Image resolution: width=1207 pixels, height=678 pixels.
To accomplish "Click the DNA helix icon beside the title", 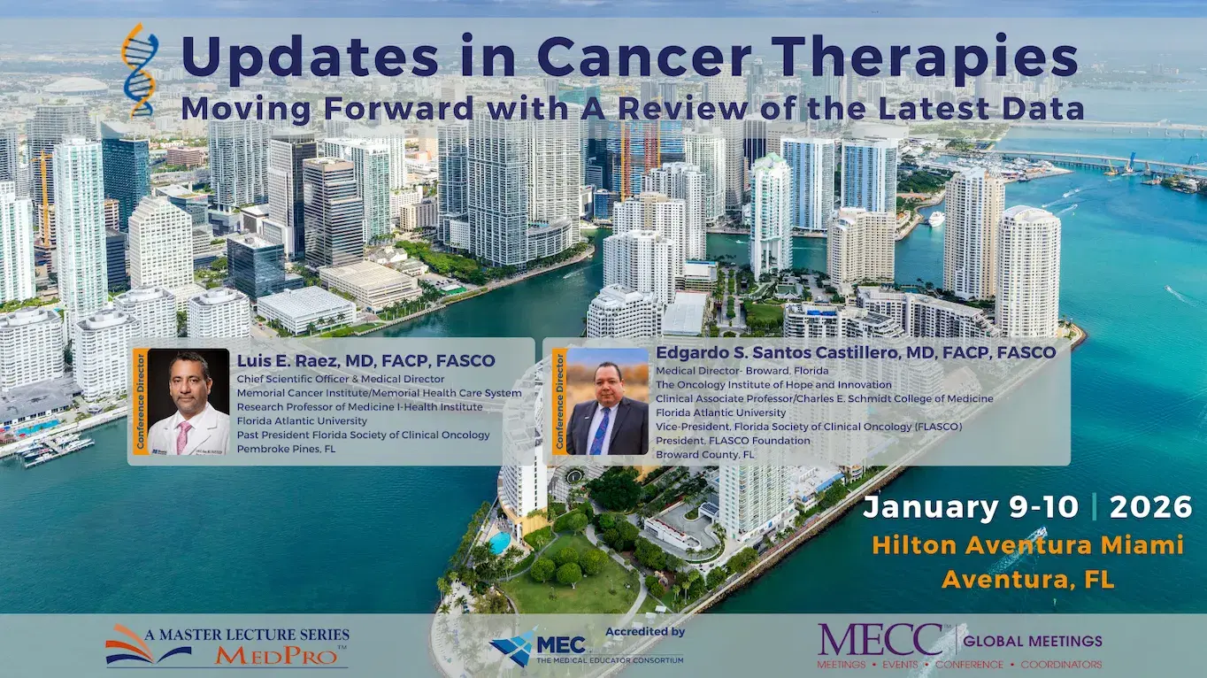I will click(139, 71).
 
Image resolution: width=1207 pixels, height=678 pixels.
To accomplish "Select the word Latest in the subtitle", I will click(938, 109).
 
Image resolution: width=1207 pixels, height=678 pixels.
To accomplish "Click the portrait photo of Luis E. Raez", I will click(188, 402).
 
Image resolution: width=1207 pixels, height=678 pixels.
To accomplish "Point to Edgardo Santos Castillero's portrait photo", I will click(607, 402).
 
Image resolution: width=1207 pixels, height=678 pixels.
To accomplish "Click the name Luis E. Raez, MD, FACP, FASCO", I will click(365, 361).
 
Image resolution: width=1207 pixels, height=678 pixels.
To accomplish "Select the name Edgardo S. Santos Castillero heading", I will click(855, 352).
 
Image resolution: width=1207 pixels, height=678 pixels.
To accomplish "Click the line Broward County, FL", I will click(704, 454).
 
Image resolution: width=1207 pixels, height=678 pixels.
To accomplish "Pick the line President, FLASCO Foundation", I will click(733, 440).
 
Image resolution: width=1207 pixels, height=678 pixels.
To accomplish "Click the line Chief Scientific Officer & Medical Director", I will click(341, 379).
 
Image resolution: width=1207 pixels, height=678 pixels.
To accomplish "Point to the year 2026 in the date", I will click(1150, 507).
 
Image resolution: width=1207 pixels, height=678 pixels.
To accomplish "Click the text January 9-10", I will click(970, 507).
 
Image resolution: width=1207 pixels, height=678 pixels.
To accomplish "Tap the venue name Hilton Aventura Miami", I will click(1027, 545).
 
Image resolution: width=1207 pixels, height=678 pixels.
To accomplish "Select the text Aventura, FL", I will click(1027, 580).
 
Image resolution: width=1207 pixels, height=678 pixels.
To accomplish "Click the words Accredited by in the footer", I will click(645, 632).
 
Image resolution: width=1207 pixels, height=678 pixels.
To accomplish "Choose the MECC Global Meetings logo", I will click(959, 646).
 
